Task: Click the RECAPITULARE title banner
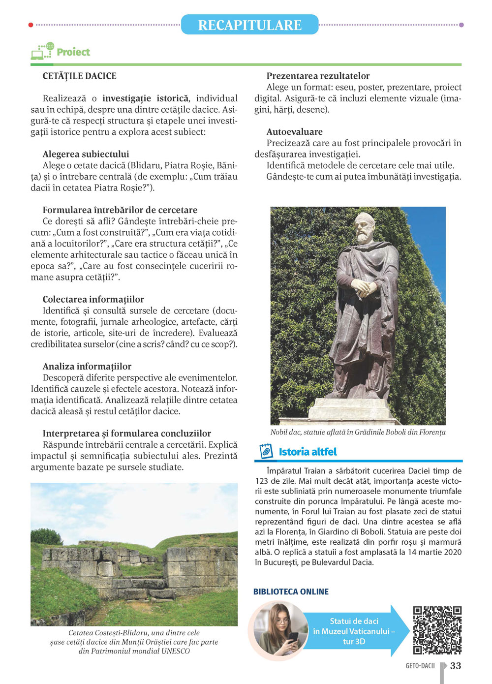(249, 25)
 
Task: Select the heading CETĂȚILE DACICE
(80, 76)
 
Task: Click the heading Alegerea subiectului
(86, 154)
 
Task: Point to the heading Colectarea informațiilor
(93, 299)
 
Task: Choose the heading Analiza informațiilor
(87, 366)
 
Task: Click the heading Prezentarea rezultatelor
(318, 76)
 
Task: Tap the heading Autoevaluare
(294, 132)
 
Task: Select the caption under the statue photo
(358, 432)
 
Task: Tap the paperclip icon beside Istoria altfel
(266, 451)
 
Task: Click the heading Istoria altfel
(307, 452)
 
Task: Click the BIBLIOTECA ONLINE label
(291, 591)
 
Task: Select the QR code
(437, 630)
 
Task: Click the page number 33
(456, 666)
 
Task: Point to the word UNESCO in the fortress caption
(176, 651)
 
